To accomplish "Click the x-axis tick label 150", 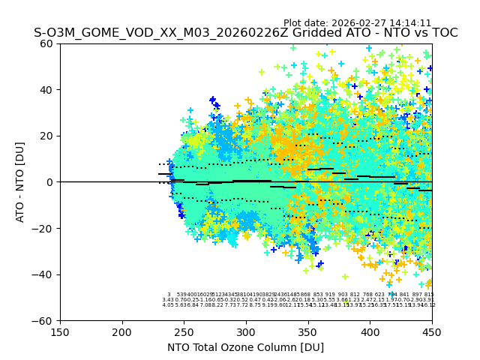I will click(60, 331).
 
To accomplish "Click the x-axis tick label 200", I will click(122, 331).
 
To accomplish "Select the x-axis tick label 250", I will click(184, 331).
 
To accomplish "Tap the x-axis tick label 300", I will click(246, 331).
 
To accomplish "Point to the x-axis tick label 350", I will click(308, 331).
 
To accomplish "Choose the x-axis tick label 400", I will click(370, 331).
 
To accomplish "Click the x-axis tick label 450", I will click(431, 331).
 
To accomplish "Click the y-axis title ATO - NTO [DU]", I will click(20, 182).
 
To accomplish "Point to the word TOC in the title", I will click(442, 33).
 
